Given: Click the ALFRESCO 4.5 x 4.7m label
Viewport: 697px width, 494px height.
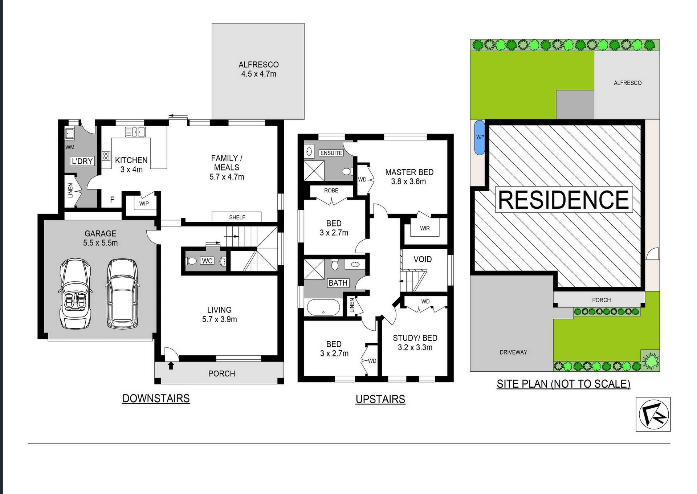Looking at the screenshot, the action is coord(258,69).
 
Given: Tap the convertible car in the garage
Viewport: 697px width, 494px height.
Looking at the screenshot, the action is coord(76,294).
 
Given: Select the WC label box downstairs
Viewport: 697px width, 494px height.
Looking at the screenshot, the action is coord(207,261).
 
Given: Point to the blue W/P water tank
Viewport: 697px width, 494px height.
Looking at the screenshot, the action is coord(480,137).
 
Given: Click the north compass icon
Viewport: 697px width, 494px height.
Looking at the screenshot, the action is coord(653,414).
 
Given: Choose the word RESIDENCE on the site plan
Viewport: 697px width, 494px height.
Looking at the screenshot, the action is coord(564,200).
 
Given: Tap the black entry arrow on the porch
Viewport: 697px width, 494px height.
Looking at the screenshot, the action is coord(171,365).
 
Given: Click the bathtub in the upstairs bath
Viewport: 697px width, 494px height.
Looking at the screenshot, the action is coord(323,307).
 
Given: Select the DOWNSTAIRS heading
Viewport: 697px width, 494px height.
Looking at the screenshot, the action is coord(156,399).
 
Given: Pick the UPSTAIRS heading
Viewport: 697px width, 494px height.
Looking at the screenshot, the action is coord(380,399).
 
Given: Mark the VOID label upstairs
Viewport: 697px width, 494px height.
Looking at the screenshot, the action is coord(423,259).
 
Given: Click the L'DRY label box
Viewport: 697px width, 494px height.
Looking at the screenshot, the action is coord(82,161).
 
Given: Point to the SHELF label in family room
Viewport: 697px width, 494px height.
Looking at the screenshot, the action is coord(237,217).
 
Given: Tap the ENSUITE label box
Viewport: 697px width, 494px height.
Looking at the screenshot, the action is coord(331,153).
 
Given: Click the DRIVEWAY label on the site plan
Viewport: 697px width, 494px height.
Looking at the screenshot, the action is coord(513,352).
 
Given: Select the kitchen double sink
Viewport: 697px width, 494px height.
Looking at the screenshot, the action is coord(135,132).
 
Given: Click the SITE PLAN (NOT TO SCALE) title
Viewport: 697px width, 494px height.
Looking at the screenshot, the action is coord(563,384).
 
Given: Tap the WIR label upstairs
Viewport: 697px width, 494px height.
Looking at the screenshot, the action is coord(425,228).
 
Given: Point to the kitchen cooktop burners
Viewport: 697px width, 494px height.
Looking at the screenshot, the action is coord(106,156).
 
